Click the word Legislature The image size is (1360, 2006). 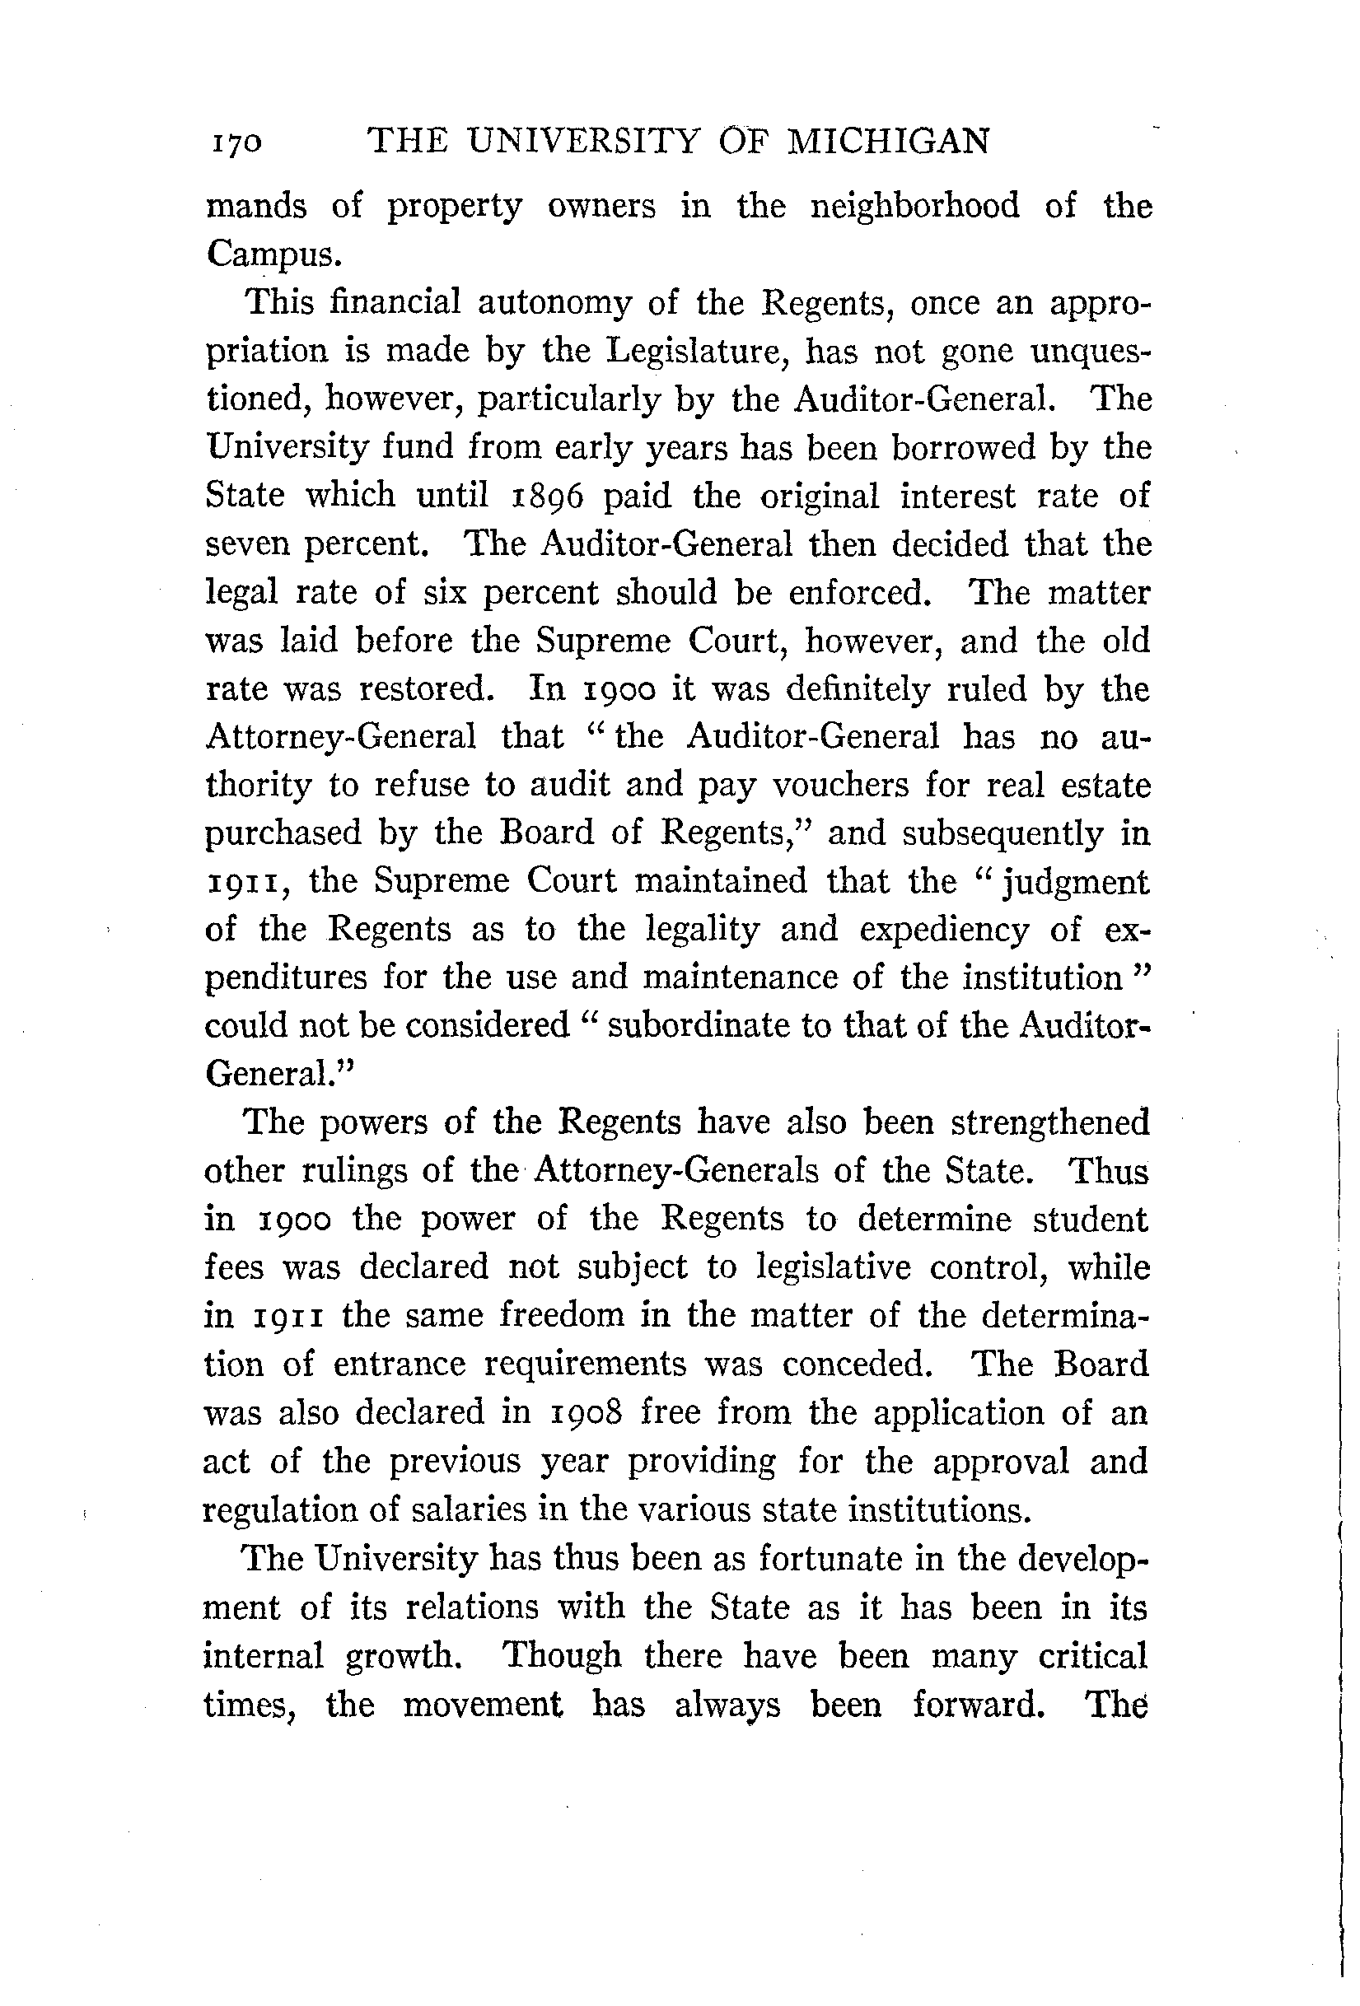693,352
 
